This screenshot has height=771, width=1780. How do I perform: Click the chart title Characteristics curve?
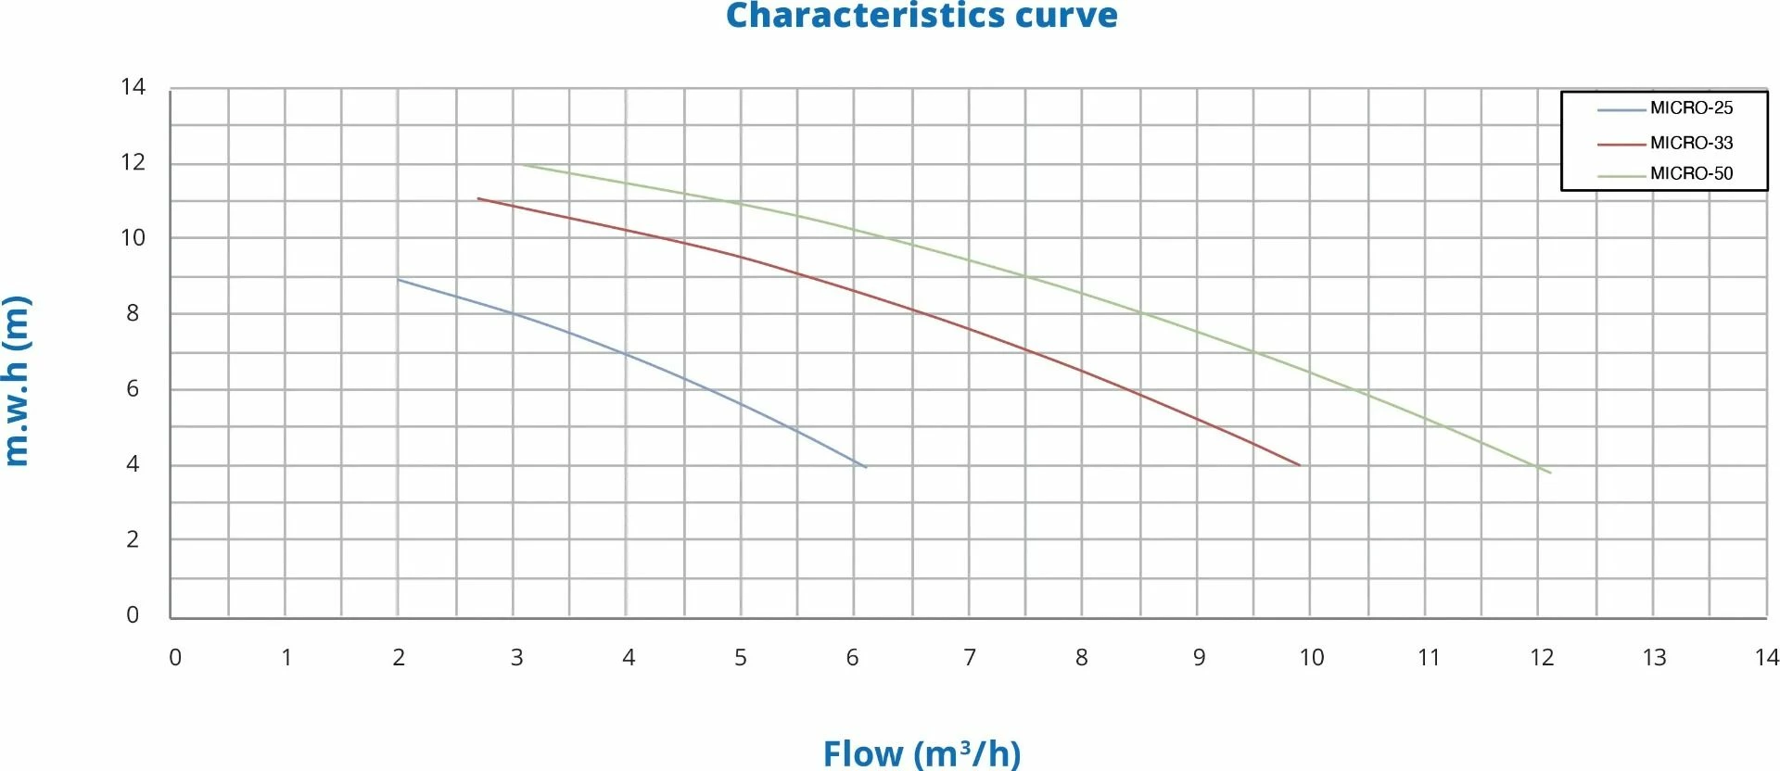tap(922, 16)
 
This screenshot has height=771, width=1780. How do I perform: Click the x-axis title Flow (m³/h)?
tap(922, 752)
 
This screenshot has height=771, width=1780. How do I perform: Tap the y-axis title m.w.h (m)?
tap(18, 381)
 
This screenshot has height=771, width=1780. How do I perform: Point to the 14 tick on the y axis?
tap(133, 87)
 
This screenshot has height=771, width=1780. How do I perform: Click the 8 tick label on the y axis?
tap(133, 313)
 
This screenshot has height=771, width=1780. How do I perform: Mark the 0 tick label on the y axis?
tap(133, 614)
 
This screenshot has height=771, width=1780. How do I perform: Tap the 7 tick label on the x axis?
tap(970, 658)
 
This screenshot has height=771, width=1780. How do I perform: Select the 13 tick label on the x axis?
tap(1654, 658)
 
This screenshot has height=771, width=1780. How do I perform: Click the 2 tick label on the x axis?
tap(399, 658)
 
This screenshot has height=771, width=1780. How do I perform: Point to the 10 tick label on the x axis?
tap(1311, 658)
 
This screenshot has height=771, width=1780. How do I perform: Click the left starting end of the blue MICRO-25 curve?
tap(399, 279)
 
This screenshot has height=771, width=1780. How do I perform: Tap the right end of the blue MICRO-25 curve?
tap(866, 467)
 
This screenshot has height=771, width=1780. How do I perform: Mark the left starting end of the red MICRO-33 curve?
tap(478, 198)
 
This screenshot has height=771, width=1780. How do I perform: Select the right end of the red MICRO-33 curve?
tap(1300, 465)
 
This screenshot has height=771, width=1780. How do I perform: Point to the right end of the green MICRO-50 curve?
tap(1550, 473)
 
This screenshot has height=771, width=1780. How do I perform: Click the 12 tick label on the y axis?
tap(133, 162)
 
